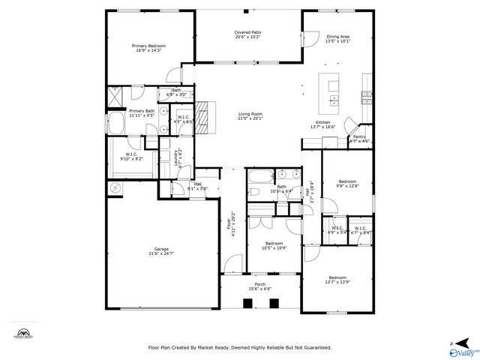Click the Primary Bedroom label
[148, 46]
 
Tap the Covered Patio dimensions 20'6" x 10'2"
[247, 37]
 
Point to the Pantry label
[360, 136]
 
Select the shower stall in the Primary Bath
[116, 97]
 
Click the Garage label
[161, 249]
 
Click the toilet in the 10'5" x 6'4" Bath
[255, 192]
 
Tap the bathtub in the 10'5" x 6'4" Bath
[259, 178]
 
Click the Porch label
[259, 284]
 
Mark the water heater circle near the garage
[115, 187]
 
